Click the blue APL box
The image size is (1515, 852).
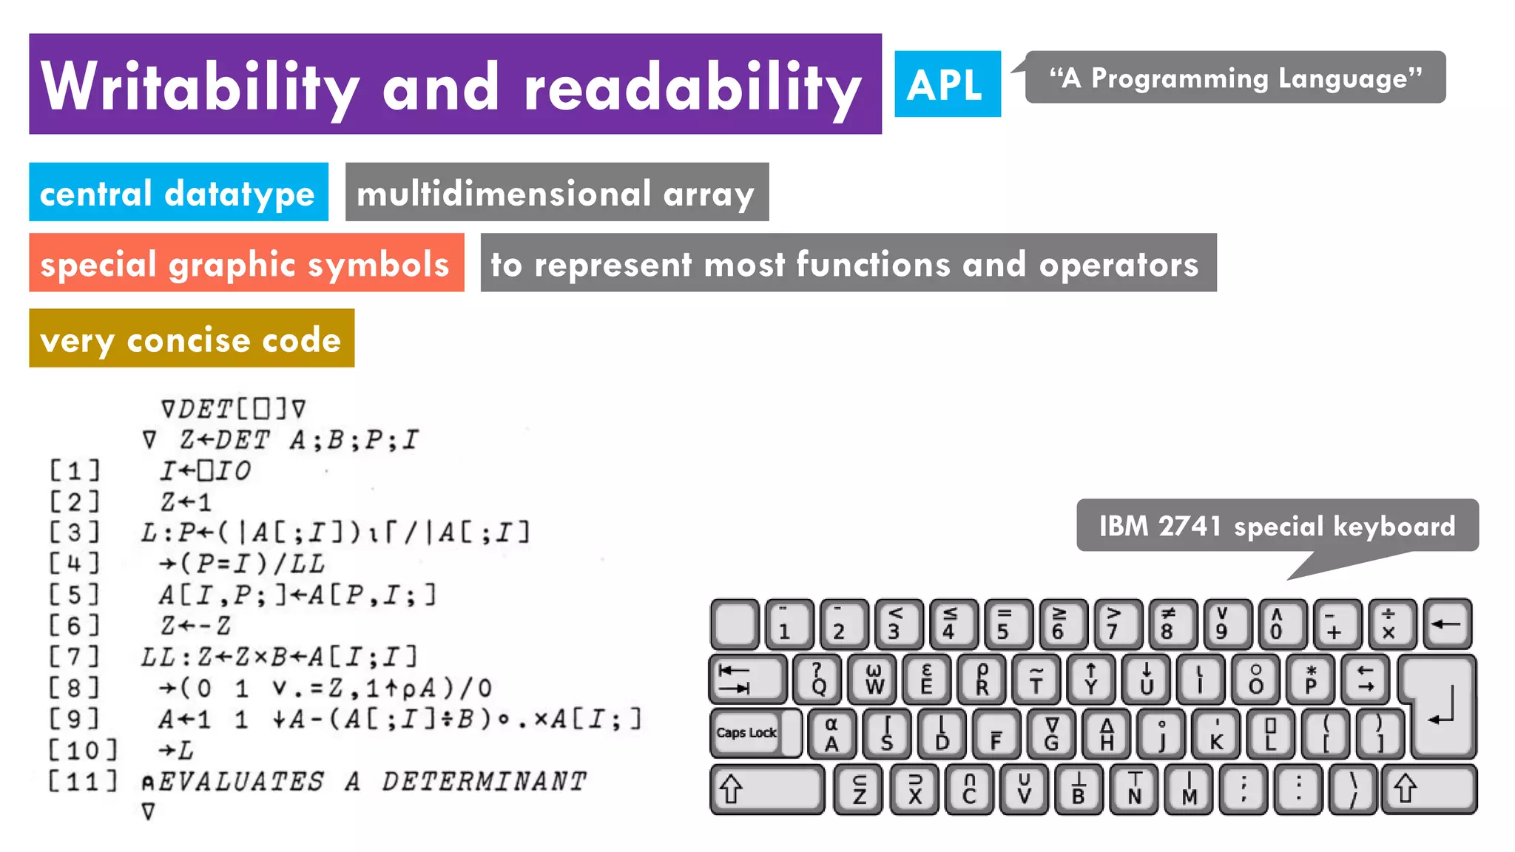click(x=947, y=84)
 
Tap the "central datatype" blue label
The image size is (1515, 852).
click(x=178, y=192)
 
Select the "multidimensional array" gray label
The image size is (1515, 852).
click(x=556, y=192)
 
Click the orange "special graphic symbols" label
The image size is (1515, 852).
click(x=246, y=263)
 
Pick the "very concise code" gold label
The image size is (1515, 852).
click(x=192, y=339)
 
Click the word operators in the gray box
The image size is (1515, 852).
click(x=1118, y=264)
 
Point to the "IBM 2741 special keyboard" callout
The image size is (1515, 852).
click(x=1277, y=526)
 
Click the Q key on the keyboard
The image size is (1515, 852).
click(x=817, y=678)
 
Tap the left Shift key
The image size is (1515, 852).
click(x=767, y=788)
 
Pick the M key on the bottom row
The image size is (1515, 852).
click(x=1189, y=789)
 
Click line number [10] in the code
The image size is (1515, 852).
click(x=83, y=750)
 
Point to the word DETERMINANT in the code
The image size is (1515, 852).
click(x=484, y=781)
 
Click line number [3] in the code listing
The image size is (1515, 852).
click(x=74, y=532)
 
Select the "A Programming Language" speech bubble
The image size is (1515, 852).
click(x=1235, y=78)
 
